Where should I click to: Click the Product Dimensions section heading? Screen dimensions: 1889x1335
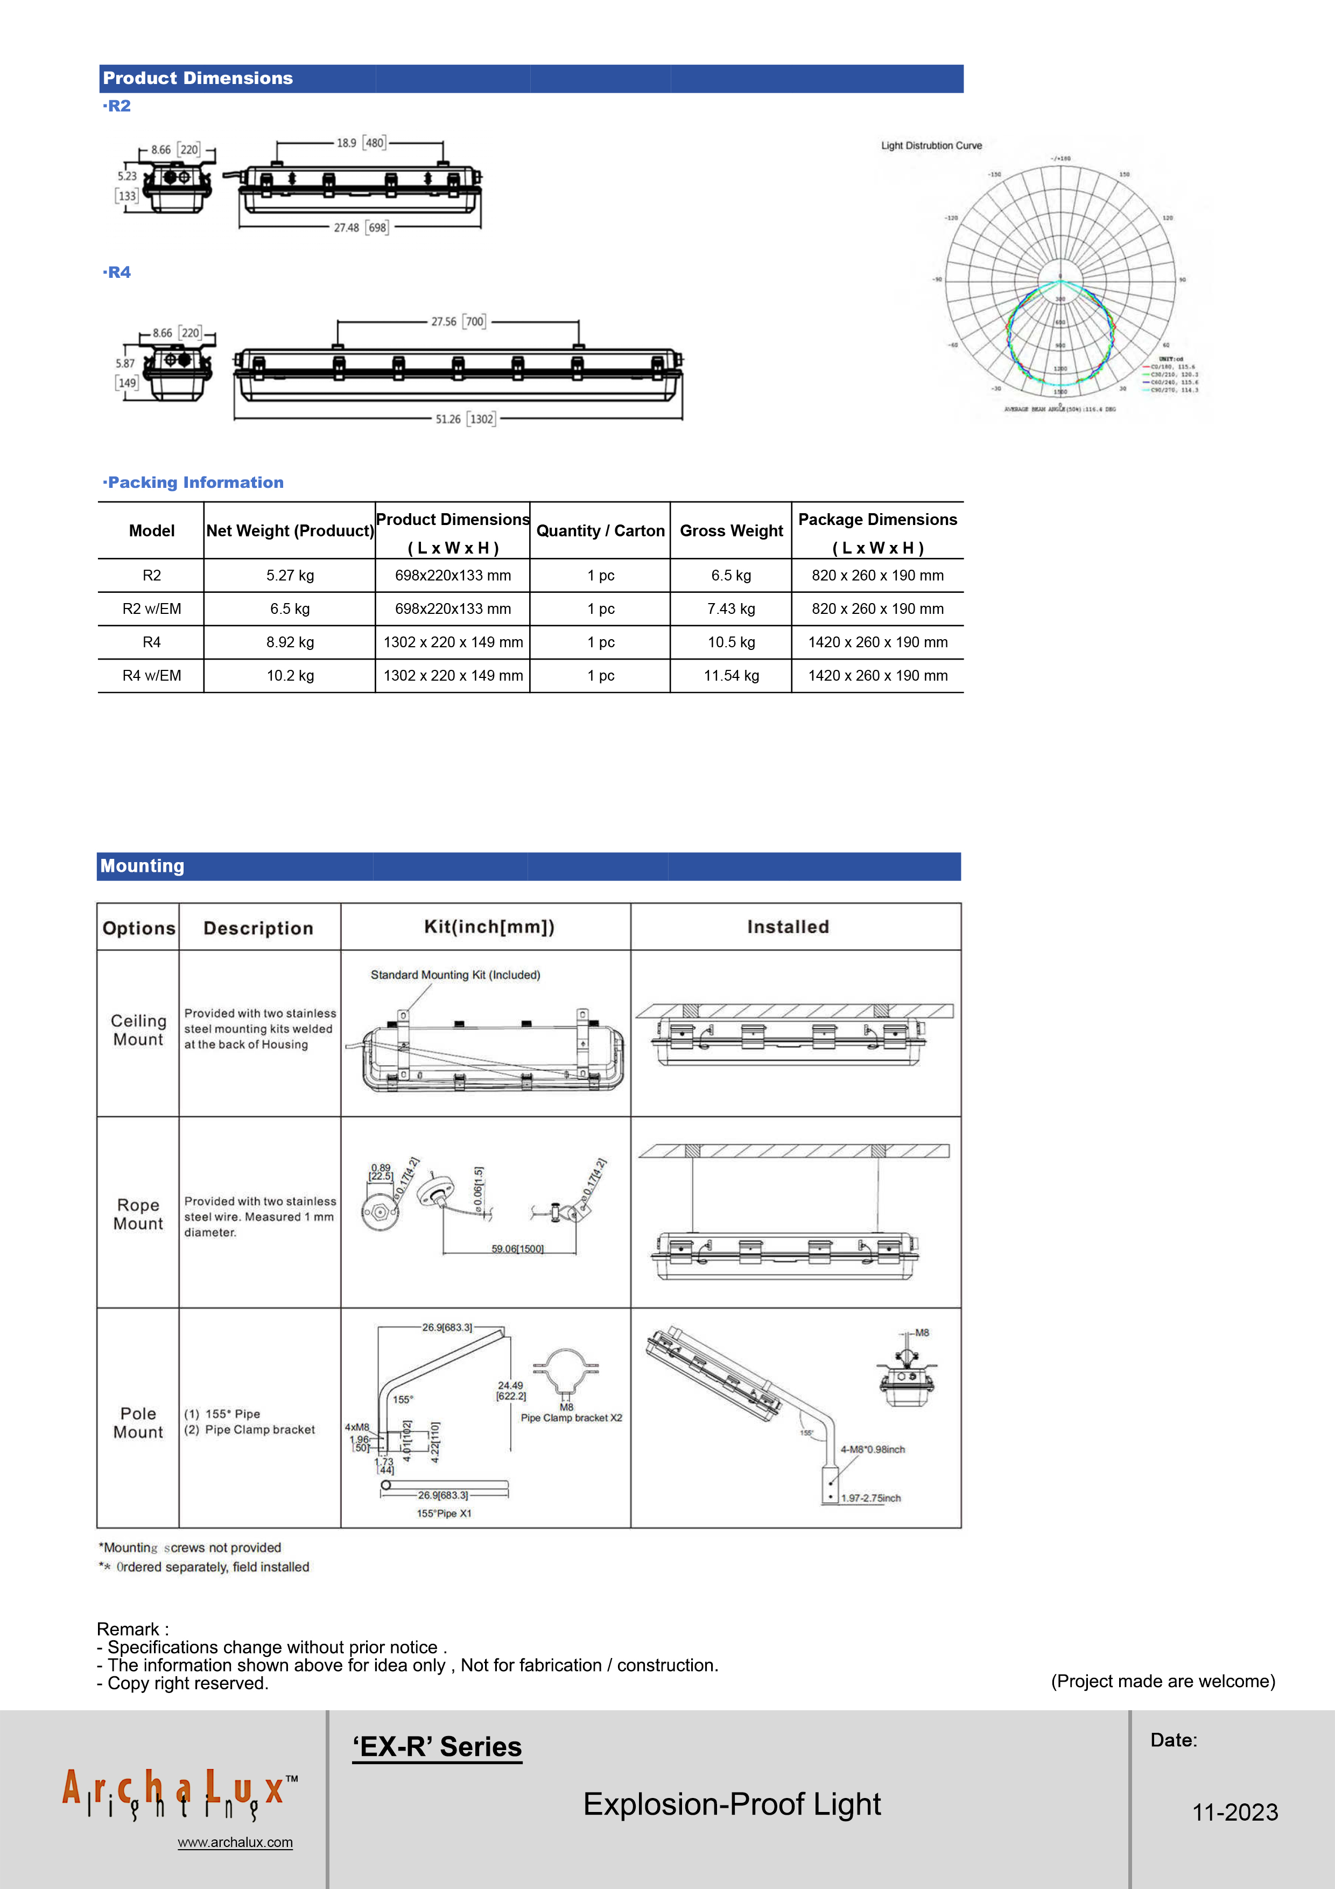[198, 78]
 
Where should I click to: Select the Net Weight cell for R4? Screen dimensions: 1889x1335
[290, 642]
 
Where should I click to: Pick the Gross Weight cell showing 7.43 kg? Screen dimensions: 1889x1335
[730, 609]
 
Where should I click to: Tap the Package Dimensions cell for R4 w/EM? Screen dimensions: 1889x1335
[877, 675]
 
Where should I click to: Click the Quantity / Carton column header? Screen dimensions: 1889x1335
[600, 530]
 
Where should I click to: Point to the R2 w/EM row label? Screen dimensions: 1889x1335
[151, 609]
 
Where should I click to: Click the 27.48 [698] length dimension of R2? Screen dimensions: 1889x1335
[360, 228]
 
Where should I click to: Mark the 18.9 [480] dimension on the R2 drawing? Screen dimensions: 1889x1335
[360, 143]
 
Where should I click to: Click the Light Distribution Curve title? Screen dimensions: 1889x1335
[931, 145]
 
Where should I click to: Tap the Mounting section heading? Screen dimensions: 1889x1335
[142, 865]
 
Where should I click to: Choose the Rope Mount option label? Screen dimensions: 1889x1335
[138, 1214]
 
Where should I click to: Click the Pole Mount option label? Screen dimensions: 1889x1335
[138, 1423]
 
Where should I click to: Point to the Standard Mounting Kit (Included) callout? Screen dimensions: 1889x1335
[455, 975]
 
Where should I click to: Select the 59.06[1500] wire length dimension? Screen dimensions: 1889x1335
[517, 1249]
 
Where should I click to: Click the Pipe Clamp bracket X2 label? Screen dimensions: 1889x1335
[571, 1418]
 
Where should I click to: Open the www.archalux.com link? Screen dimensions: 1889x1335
[235, 1842]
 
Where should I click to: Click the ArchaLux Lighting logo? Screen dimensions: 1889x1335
[179, 1794]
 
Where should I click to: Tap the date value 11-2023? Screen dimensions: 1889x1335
[1235, 1811]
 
